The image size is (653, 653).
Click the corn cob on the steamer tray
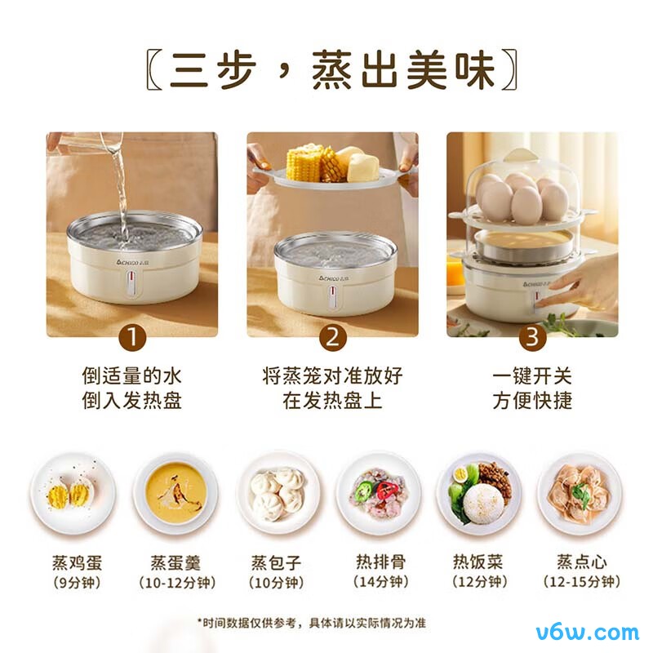[x=305, y=163]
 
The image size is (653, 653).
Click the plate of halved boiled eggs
[x=72, y=494]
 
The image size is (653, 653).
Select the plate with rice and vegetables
[x=478, y=494]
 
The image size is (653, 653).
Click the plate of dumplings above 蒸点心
[x=580, y=494]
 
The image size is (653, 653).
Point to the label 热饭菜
[x=480, y=562]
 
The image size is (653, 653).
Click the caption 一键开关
[x=532, y=376]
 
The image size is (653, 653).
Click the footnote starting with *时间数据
[x=311, y=622]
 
